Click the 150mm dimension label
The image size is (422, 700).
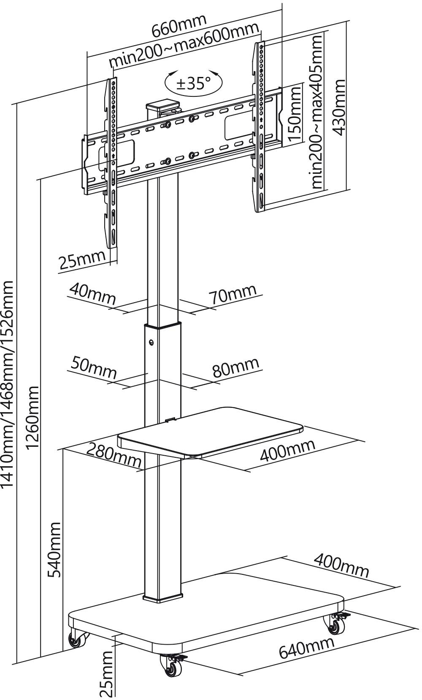294,114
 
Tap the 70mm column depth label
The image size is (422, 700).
233,294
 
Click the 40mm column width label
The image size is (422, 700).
92,294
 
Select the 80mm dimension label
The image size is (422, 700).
235,367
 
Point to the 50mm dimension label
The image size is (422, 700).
93,366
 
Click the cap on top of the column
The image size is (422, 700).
162,104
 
